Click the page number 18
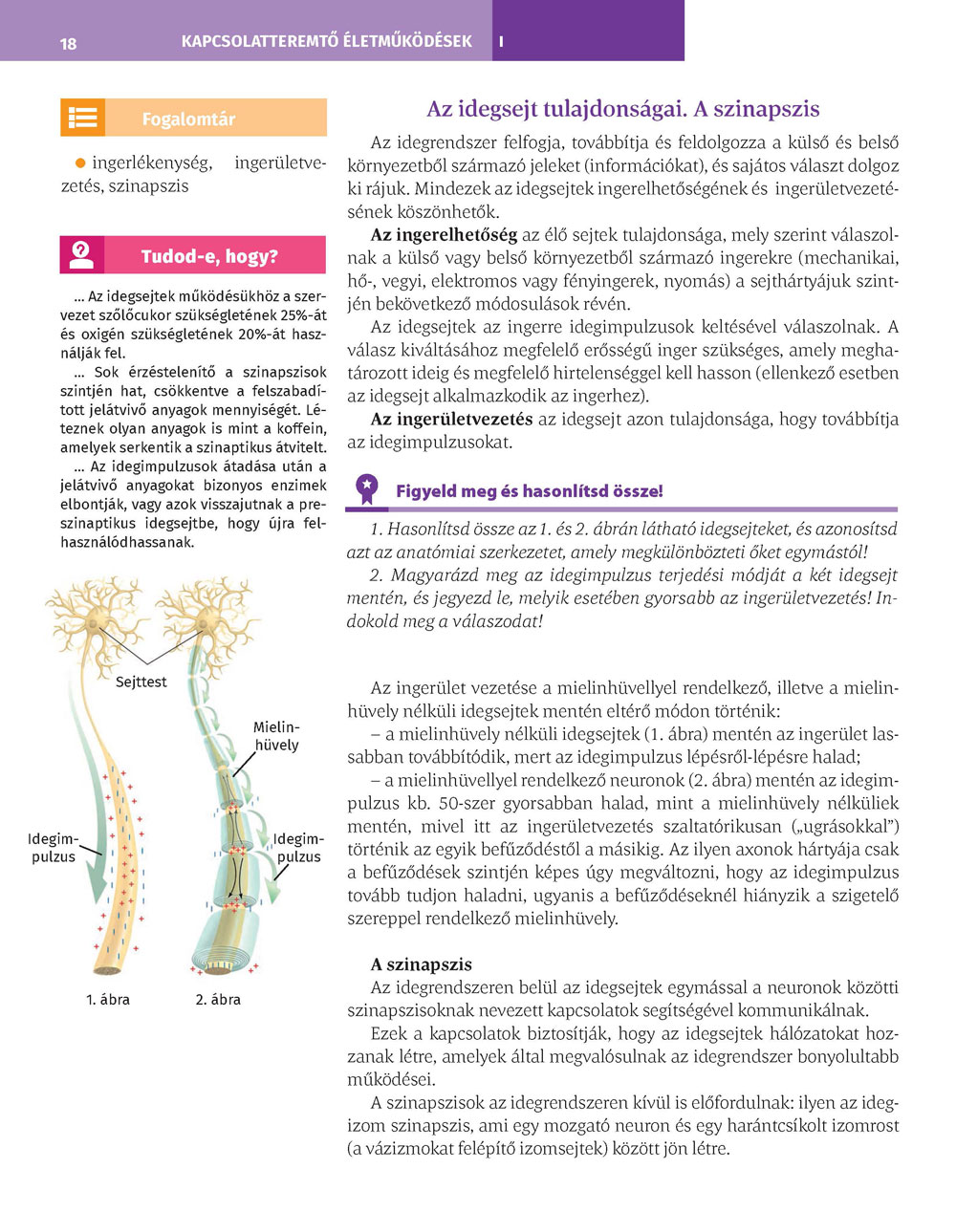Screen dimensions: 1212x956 [x=68, y=43]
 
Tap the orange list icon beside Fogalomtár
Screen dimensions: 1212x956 [x=82, y=118]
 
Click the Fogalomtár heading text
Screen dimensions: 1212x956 [x=188, y=119]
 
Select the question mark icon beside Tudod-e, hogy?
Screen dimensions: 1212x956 [x=82, y=255]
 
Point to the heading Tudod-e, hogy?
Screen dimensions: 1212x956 [x=209, y=256]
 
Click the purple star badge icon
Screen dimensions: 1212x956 [x=367, y=489]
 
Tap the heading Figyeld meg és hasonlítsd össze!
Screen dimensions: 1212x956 [x=529, y=491]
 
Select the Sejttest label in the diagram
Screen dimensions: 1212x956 [x=141, y=682]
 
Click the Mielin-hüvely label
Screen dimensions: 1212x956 [x=276, y=736]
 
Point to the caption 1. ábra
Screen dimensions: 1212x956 [x=108, y=1000]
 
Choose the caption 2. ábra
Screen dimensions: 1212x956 [x=218, y=1000]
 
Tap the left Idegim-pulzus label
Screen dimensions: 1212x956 [x=54, y=848]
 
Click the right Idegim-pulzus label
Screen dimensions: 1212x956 [x=298, y=848]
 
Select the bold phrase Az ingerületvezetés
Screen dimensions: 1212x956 [x=451, y=419]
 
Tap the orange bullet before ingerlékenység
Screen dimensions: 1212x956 [x=80, y=163]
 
